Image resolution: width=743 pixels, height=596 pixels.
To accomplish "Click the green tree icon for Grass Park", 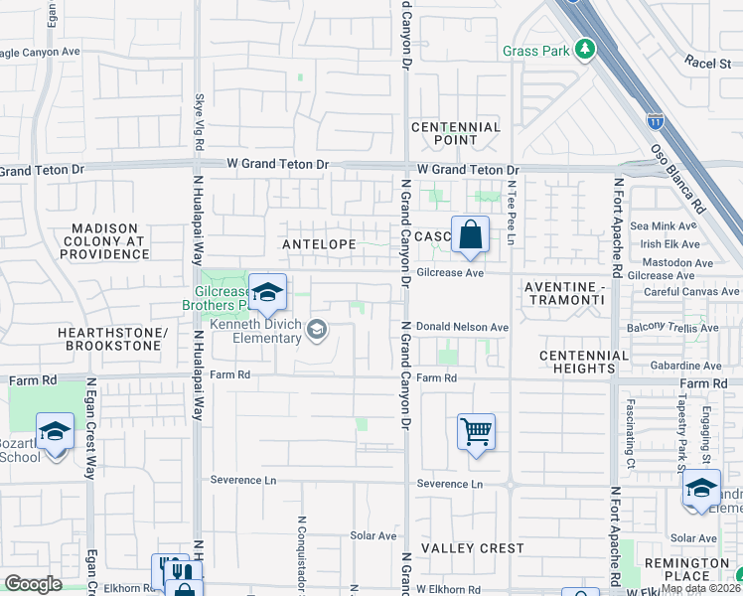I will [586, 49].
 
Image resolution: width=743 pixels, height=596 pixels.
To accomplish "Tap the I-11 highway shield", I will [655, 121].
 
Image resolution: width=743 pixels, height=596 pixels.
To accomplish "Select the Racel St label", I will [706, 62].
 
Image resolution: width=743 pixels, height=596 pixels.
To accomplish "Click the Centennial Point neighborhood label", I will [456, 134].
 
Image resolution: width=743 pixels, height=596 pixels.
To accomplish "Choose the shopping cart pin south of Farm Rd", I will [477, 432].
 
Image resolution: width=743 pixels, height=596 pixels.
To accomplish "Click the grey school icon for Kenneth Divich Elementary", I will [317, 329].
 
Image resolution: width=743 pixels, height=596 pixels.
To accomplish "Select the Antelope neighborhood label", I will [319, 242].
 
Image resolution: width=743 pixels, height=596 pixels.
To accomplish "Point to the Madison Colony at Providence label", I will [105, 241].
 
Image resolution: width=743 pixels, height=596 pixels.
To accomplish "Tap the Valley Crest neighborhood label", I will [458, 548].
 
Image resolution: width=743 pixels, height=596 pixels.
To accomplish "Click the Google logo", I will [33, 584].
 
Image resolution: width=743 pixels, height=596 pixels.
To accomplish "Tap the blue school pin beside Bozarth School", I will [55, 433].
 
